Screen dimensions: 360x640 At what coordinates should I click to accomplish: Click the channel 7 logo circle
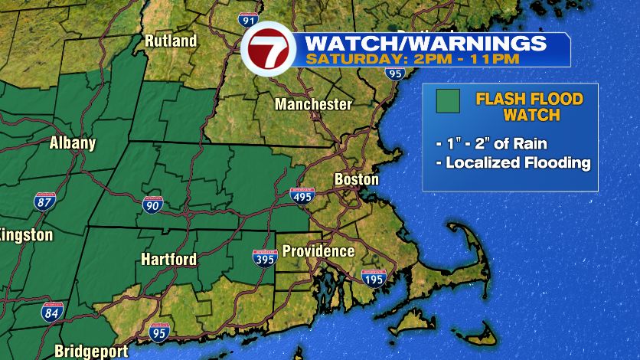point(268,49)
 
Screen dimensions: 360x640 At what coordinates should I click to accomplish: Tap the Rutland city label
point(171,41)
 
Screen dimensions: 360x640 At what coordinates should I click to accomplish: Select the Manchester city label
point(314,104)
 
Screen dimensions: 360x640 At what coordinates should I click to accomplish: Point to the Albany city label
point(73,142)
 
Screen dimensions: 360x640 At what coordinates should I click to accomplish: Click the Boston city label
point(357,179)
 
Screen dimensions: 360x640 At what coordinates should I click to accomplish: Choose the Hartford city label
point(169,260)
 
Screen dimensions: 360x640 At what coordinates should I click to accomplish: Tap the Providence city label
point(318,251)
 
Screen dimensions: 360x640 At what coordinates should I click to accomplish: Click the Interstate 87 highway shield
point(44,202)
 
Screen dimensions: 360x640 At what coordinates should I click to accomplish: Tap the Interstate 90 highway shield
point(152,204)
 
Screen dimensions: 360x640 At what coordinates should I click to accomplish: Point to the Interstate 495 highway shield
point(302,195)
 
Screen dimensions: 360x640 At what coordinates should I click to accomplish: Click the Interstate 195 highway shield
point(374,280)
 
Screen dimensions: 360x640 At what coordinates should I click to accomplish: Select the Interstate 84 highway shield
point(52,312)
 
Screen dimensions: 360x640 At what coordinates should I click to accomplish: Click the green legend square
point(448,101)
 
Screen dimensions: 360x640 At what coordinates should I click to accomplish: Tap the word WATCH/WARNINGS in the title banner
point(426,42)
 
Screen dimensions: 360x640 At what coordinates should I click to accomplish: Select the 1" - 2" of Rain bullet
point(492,144)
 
